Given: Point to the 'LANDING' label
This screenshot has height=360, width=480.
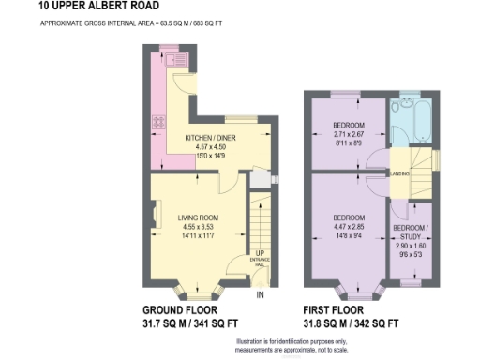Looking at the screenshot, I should point(399,172).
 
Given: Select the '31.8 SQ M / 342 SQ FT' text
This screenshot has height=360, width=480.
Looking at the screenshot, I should point(351,323).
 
